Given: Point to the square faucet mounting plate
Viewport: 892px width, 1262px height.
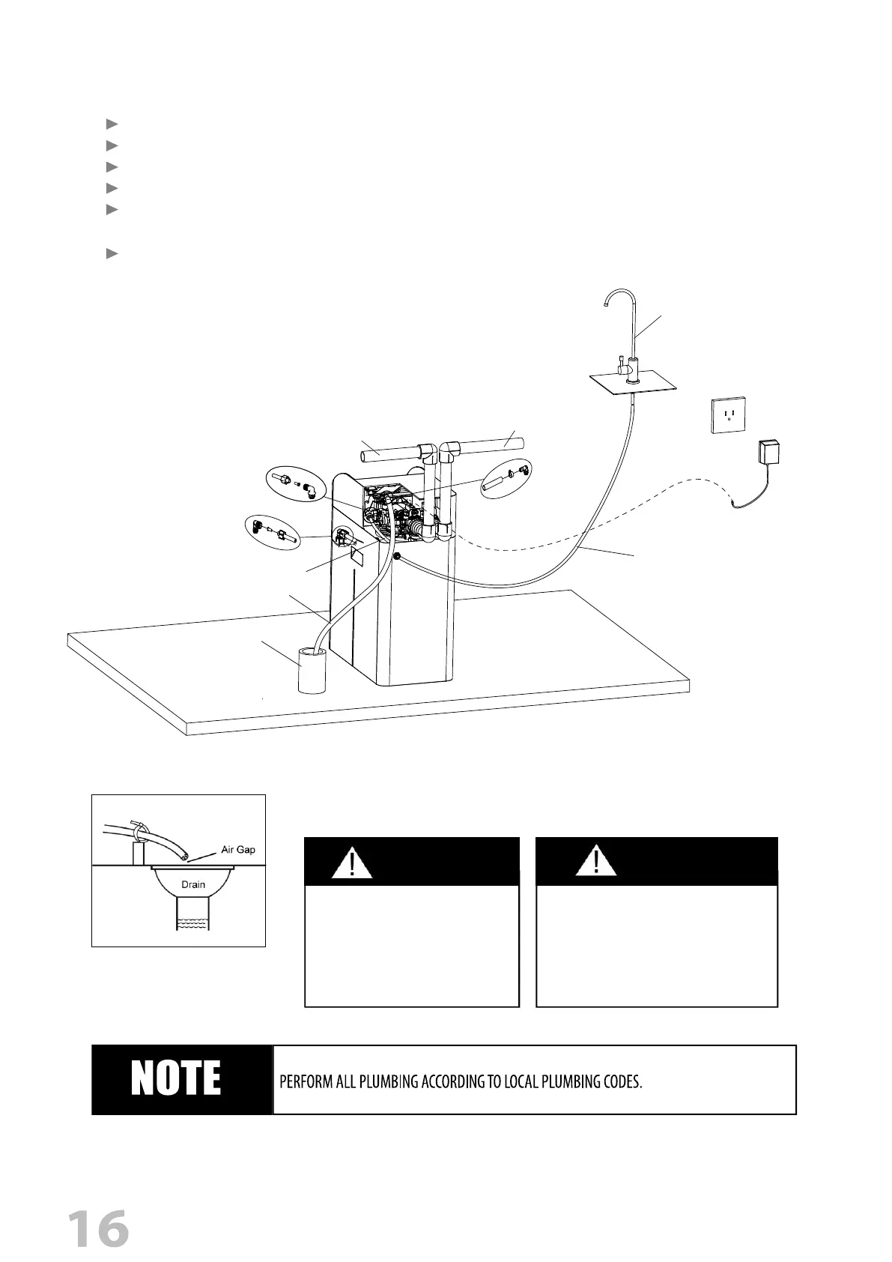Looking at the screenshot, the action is (x=633, y=384).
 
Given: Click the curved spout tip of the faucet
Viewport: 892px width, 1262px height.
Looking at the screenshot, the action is (x=605, y=302).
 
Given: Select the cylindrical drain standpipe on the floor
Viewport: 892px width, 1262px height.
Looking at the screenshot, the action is (x=312, y=671).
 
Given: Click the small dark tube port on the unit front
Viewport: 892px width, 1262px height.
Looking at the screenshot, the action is (x=395, y=558).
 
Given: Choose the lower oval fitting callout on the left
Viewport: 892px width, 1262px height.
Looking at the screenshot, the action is (x=273, y=532).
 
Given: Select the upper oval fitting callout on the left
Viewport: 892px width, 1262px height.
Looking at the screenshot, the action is (x=296, y=484).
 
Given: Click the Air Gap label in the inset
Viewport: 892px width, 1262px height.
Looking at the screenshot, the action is (x=238, y=850).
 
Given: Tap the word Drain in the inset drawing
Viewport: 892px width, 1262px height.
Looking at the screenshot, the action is (x=193, y=884).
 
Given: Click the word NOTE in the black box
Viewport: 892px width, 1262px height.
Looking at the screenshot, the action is (x=176, y=1079).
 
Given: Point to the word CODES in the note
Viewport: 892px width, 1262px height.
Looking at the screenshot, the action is (x=621, y=1083).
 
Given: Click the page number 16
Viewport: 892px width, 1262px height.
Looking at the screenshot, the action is (x=98, y=1228).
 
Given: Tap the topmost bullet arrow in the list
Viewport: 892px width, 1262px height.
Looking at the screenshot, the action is (x=112, y=123).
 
